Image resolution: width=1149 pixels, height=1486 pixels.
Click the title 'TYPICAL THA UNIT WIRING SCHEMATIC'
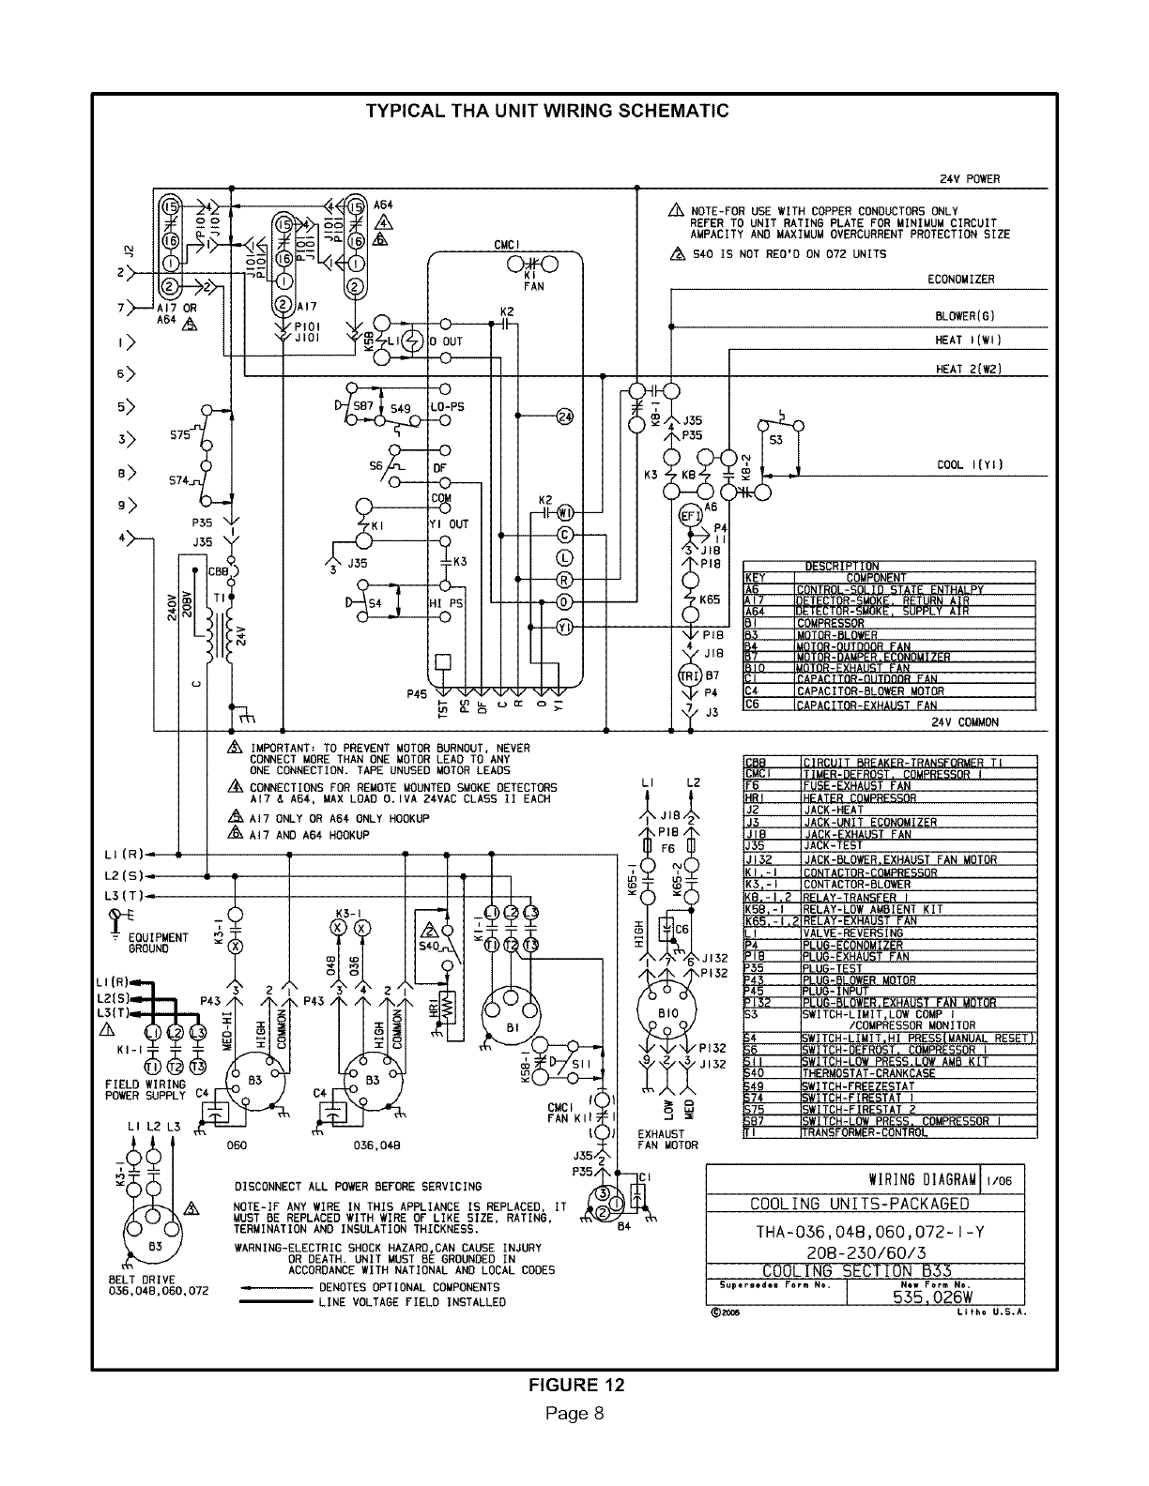click(x=546, y=112)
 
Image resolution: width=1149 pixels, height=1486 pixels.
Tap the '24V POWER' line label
click(x=970, y=179)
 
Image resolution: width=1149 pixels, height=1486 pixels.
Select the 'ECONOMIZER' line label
click(x=960, y=280)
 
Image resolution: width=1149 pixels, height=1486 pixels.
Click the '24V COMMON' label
click(x=964, y=722)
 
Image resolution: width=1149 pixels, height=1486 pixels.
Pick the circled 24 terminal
click(x=565, y=417)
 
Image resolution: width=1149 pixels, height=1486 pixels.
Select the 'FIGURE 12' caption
click(x=575, y=1386)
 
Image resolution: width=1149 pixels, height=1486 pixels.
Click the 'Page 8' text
click(x=574, y=1414)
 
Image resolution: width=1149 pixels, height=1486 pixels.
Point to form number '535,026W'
click(x=932, y=1298)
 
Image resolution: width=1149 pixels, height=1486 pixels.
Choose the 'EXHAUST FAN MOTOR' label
click(x=667, y=1139)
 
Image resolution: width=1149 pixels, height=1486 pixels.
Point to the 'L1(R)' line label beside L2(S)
click(x=123, y=854)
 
